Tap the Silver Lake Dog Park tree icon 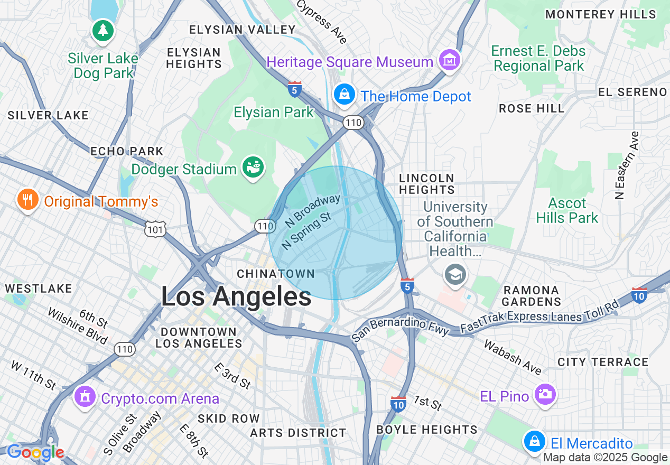[x=103, y=31]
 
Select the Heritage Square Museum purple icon [x=450, y=61]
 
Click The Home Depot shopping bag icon [x=345, y=95]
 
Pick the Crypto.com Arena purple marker [x=85, y=396]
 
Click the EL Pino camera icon [x=545, y=394]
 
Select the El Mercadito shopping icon [x=535, y=441]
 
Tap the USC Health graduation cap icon [x=455, y=274]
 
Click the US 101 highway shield [x=156, y=229]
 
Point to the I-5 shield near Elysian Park [x=295, y=89]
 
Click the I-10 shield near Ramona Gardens [x=639, y=295]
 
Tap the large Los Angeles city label [x=236, y=296]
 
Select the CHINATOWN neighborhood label [x=275, y=274]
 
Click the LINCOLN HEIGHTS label [x=427, y=184]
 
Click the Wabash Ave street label [x=513, y=357]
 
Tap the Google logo [x=35, y=452]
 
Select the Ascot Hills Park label [x=567, y=210]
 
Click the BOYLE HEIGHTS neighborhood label [x=426, y=430]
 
